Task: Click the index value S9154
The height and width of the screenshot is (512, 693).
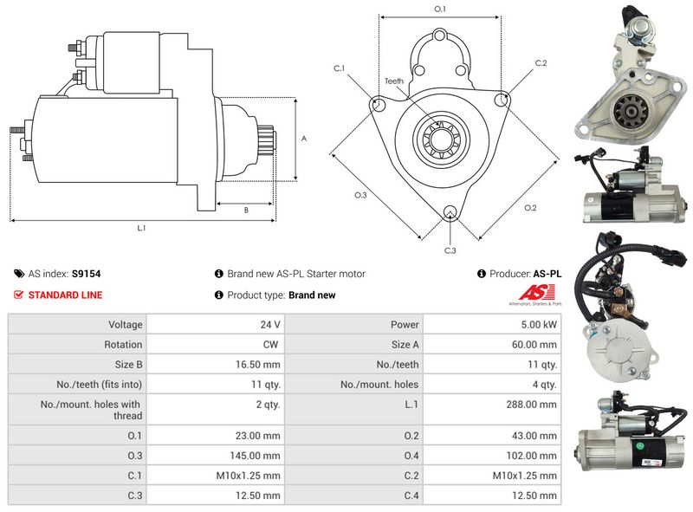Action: [86, 274]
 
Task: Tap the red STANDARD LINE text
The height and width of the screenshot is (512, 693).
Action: [65, 295]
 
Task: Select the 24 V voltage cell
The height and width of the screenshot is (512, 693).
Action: [270, 325]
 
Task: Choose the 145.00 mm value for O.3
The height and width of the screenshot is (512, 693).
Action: [260, 455]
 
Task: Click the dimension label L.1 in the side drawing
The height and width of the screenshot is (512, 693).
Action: [141, 229]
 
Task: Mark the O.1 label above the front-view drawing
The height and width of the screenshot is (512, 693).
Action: [439, 10]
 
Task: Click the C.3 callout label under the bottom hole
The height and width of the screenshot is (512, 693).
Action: [450, 250]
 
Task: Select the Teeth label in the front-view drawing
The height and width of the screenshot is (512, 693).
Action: [394, 81]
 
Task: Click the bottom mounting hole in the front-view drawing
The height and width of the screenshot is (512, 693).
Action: [450, 214]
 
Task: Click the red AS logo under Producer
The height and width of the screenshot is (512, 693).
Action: [528, 293]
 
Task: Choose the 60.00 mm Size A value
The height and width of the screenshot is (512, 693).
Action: [537, 344]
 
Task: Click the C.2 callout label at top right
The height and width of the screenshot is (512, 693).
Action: [541, 63]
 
